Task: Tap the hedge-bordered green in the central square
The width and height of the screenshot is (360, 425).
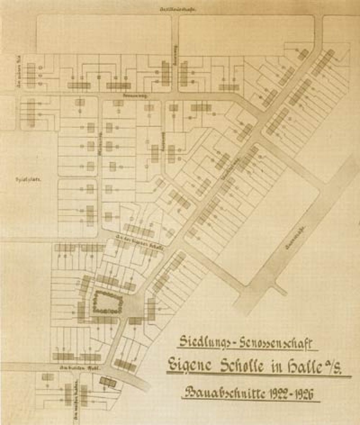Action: pyautogui.click(x=107, y=302)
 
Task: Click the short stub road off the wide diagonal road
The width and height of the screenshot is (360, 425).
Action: pyautogui.click(x=280, y=288)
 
